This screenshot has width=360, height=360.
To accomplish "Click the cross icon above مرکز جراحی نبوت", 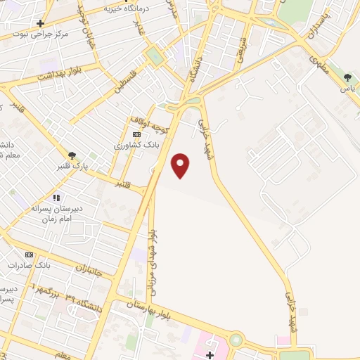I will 41,23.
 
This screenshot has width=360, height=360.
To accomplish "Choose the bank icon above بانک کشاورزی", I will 137,134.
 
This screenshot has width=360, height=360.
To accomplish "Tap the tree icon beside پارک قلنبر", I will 72,155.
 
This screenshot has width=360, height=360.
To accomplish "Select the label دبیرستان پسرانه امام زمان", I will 58,214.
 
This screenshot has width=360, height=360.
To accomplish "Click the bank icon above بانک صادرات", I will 29,255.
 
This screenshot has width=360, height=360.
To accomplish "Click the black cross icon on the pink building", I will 210,354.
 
